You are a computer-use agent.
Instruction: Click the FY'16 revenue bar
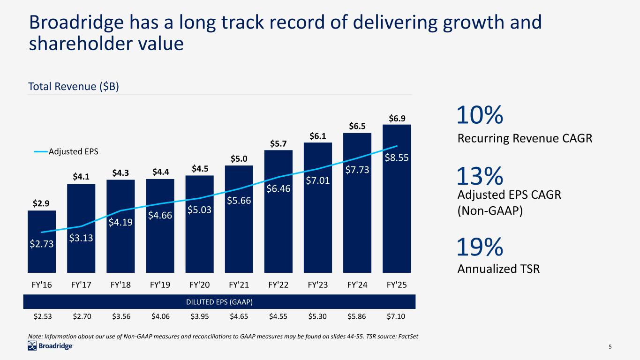point(42,241)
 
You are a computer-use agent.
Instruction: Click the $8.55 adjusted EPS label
point(397,158)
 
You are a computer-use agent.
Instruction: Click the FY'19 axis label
point(160,285)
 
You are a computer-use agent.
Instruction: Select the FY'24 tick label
point(357,285)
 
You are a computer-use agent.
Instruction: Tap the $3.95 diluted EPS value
point(200,316)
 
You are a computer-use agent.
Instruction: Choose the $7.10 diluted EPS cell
point(397,316)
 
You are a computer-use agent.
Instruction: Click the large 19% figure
point(480,247)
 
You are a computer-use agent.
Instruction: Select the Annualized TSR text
point(498,269)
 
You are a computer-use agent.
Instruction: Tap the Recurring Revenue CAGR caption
point(525,138)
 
